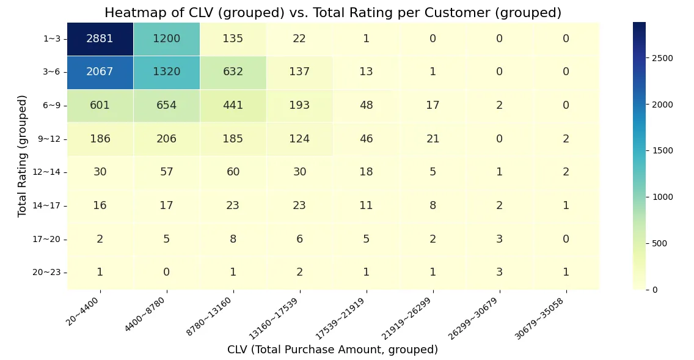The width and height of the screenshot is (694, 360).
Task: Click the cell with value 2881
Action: [x=100, y=39]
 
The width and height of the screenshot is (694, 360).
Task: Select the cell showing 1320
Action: [x=166, y=72]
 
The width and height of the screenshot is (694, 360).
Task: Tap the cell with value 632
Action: [x=233, y=72]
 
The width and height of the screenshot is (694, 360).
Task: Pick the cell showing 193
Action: [x=299, y=106]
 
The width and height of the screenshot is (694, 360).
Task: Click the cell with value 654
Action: [x=166, y=106]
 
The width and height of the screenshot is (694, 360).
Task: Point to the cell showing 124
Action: [x=299, y=139]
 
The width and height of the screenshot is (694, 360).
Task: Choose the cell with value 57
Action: [x=166, y=172]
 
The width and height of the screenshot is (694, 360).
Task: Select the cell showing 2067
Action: [x=100, y=72]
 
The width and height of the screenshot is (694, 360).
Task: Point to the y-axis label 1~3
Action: [x=51, y=39]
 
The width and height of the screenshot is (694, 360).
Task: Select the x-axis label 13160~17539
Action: [x=279, y=315]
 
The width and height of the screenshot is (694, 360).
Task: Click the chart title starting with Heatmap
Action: [x=333, y=13]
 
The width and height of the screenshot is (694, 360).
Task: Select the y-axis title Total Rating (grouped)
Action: [x=23, y=156]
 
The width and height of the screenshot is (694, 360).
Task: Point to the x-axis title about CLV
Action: [x=332, y=350]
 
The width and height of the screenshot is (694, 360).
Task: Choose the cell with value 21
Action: [x=433, y=139]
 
